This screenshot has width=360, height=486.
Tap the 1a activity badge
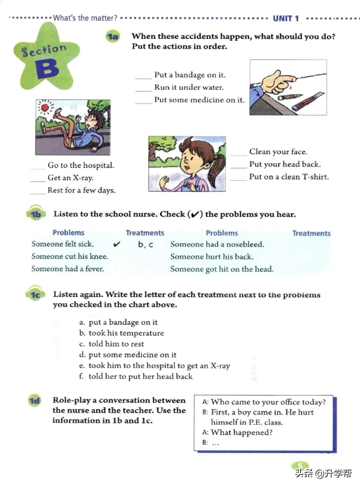coord(112,37)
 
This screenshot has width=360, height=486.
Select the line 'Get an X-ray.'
coord(70,178)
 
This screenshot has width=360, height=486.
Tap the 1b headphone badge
coord(36,214)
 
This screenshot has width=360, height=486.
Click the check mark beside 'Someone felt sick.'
coord(117,244)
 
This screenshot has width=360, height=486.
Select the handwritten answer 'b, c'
coord(146,244)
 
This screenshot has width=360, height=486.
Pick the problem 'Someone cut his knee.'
coord(70,256)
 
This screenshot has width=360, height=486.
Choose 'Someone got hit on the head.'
coord(222,269)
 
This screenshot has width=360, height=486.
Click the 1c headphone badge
coord(35,294)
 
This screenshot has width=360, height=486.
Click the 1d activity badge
coord(35,401)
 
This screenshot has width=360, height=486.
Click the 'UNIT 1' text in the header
coord(286,19)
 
